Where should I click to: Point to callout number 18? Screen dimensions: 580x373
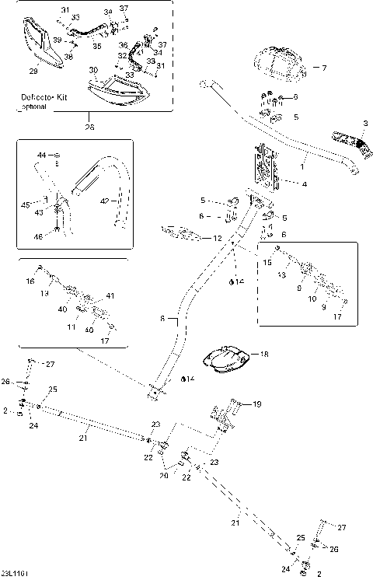pyautogui.click(x=265, y=354)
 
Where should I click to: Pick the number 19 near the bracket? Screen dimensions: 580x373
pyautogui.click(x=257, y=404)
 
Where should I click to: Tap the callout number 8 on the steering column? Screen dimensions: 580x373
pyautogui.click(x=162, y=318)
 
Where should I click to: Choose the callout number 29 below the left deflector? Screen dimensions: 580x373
pyautogui.click(x=33, y=72)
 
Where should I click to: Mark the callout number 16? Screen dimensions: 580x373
pyautogui.click(x=30, y=281)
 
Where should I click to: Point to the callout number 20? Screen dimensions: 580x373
pyautogui.click(x=164, y=475)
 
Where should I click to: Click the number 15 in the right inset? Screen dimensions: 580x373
pyautogui.click(x=267, y=264)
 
